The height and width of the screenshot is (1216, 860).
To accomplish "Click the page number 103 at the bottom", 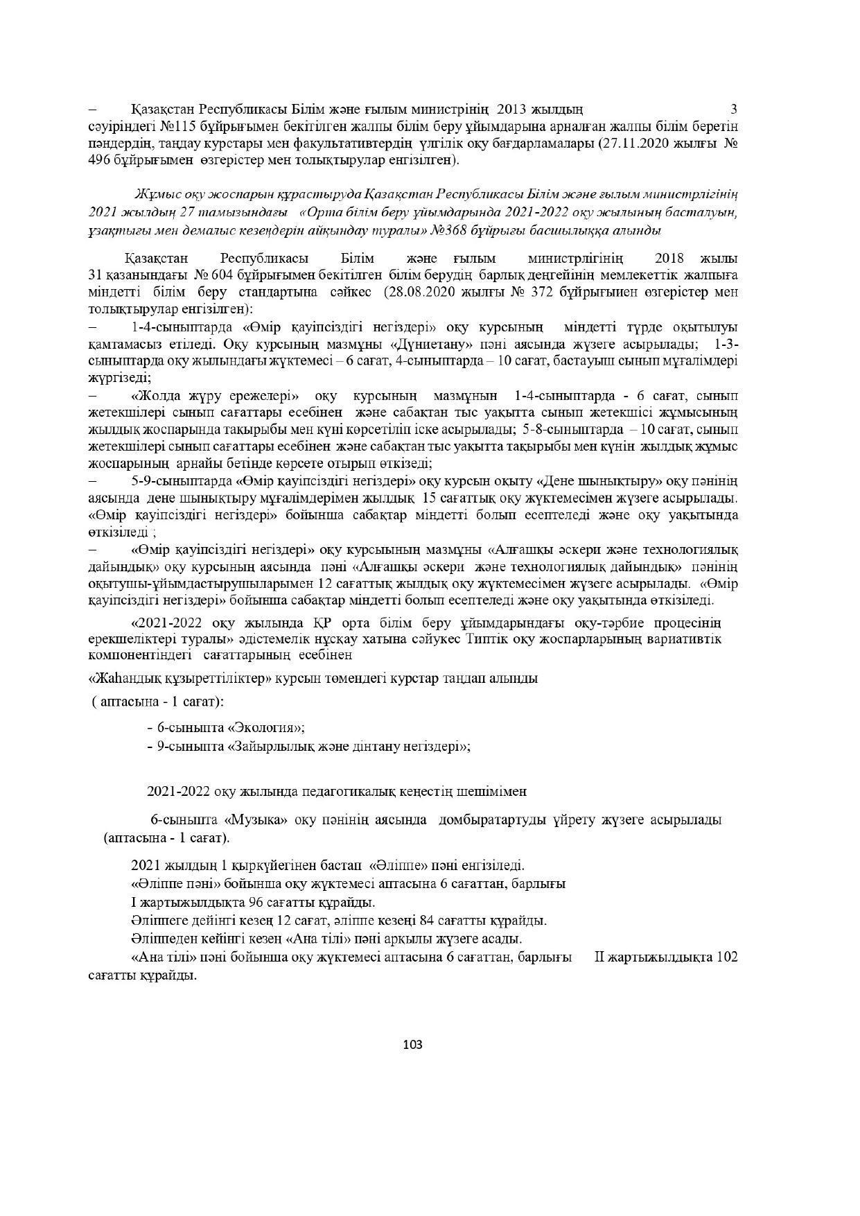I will [412, 1045].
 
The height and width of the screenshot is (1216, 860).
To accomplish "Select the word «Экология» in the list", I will [266, 728].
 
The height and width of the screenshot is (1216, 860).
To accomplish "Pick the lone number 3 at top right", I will [734, 109].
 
